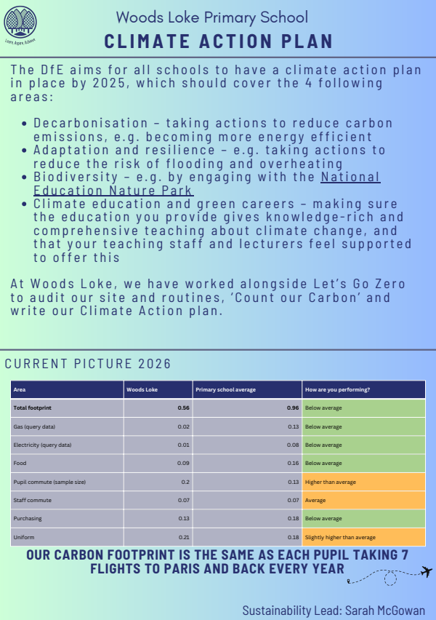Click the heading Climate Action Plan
219,41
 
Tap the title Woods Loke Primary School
212,17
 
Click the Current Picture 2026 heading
89,363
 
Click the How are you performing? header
338,389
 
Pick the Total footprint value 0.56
184,408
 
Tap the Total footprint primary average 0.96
293,408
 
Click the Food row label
20,463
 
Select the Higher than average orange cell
331,482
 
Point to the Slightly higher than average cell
340,537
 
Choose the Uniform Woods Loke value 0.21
184,537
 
